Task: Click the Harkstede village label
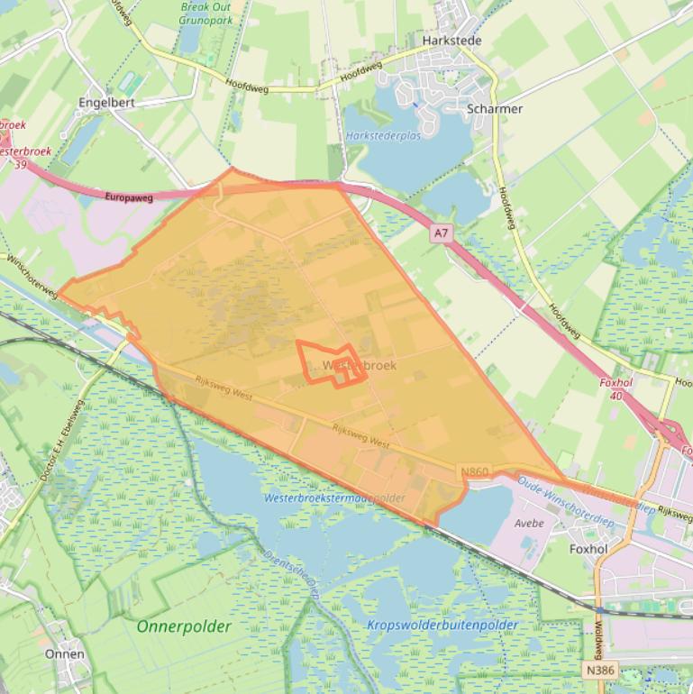(451, 41)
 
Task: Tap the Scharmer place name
(495, 109)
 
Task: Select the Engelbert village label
(106, 103)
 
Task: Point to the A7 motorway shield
(440, 233)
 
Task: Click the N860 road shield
(474, 472)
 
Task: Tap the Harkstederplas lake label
(383, 136)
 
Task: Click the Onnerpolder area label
(184, 626)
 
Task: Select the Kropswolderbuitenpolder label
(442, 625)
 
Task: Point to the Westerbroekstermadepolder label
(334, 498)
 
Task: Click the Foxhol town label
(588, 548)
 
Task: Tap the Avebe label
(529, 523)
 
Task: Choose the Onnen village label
(65, 653)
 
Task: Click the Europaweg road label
(129, 196)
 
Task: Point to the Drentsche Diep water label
(291, 570)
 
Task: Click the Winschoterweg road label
(32, 276)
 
